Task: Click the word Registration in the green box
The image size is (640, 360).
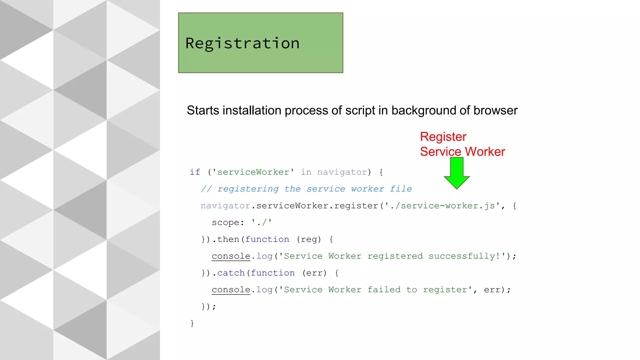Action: tap(242, 43)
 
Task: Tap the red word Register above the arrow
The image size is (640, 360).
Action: tap(443, 137)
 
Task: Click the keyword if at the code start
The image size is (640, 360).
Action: tap(195, 172)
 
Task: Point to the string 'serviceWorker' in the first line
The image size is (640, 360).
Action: tap(253, 172)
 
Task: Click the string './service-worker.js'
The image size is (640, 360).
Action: tap(442, 206)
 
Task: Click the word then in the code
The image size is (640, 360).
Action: tap(228, 240)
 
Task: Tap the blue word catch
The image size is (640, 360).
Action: tap(231, 273)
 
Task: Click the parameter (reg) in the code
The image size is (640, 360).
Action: tap(309, 240)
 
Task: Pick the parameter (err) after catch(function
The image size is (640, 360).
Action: tap(314, 273)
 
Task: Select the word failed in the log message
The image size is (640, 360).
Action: tap(384, 290)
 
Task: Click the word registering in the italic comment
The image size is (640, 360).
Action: tap(248, 189)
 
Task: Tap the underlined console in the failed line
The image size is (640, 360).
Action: tap(231, 290)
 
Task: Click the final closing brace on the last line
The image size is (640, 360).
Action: tap(192, 323)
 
